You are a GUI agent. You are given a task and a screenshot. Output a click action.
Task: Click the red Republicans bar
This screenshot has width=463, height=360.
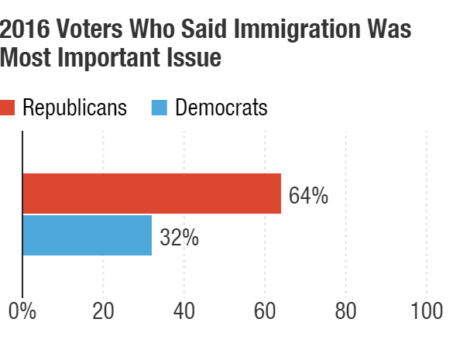tap(152, 194)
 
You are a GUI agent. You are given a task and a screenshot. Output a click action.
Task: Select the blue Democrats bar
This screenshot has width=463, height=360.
tap(87, 235)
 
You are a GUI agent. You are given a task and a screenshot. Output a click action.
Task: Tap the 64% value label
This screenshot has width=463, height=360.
tap(308, 195)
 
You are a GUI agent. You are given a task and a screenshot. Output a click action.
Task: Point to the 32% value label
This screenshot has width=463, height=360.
tap(179, 237)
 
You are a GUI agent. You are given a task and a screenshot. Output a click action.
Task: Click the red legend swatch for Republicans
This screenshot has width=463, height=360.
tap(8, 108)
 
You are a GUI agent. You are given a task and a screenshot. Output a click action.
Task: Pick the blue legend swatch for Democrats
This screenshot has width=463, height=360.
tap(157, 108)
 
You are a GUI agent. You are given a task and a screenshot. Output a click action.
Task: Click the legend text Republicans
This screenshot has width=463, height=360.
tap(74, 108)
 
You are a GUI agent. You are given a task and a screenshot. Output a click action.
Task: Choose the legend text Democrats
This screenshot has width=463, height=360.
tap(221, 108)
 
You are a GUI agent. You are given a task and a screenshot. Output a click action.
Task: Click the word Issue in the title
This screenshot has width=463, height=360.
tap(196, 57)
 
